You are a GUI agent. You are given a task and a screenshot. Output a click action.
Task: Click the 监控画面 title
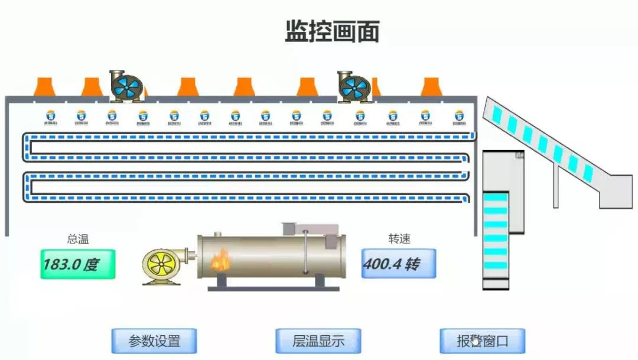[x=332, y=31]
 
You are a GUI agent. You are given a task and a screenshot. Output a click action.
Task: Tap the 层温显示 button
[x=318, y=340]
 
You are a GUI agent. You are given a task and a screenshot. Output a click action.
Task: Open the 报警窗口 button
[x=482, y=340]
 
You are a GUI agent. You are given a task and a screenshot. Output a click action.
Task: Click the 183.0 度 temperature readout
[x=78, y=264]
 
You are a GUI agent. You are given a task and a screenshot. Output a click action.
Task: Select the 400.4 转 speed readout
[x=399, y=264]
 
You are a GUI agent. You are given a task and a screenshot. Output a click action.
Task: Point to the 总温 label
[x=79, y=239]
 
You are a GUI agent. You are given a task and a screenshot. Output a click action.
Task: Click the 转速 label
[x=399, y=239]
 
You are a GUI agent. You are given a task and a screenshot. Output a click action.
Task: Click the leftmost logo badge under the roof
[x=50, y=118]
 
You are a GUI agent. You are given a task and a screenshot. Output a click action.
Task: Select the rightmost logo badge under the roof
[x=458, y=118]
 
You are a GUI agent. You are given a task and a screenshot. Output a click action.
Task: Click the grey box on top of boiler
[x=310, y=229]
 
